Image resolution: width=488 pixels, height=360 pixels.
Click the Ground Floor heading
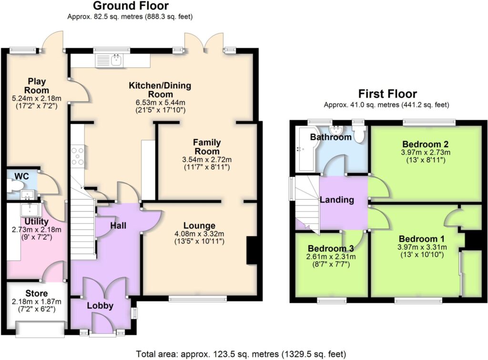(131, 6)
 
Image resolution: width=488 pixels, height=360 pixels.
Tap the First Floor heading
(387, 94)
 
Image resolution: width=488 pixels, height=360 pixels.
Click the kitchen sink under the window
(110, 61)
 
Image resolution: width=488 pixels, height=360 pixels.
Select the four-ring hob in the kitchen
(77, 156)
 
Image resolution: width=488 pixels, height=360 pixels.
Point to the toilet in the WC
(16, 186)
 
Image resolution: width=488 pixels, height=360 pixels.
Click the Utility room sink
(30, 210)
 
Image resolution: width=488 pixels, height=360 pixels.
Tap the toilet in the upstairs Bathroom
(359, 134)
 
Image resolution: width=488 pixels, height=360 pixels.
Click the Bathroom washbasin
(336, 129)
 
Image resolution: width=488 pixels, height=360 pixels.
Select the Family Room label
(207, 147)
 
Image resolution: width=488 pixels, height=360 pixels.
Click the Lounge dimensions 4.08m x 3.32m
(200, 234)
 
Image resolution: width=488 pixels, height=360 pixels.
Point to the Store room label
(36, 293)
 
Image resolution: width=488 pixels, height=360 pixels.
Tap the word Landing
(337, 200)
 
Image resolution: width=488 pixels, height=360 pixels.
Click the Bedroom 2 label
(425, 144)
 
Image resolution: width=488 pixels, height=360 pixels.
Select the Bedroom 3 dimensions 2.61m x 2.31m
(331, 257)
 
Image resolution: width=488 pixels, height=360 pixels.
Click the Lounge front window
(198, 299)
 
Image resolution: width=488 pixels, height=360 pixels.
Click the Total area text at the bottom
(241, 354)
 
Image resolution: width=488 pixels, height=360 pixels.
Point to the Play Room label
(37, 86)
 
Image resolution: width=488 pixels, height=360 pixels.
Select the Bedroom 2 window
(429, 123)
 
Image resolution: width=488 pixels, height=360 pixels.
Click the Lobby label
(100, 306)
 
